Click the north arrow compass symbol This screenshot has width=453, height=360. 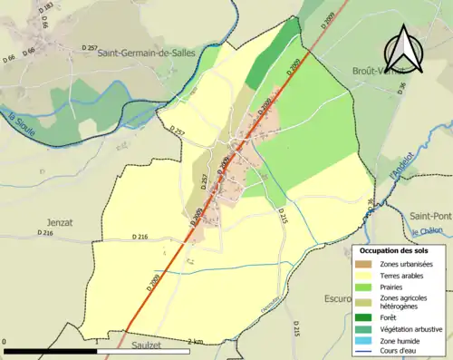[410, 43]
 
